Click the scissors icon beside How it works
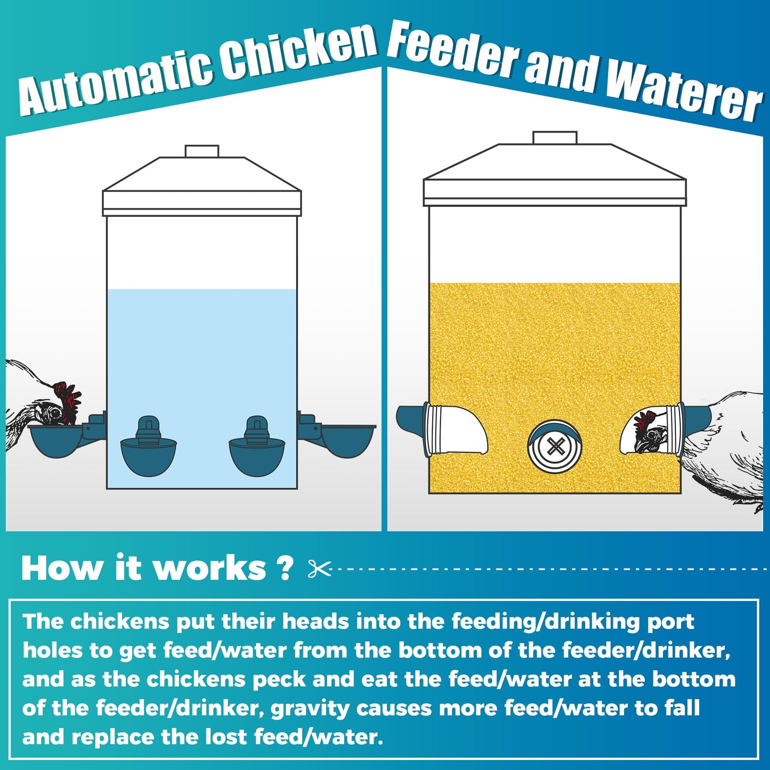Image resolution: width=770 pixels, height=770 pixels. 320,569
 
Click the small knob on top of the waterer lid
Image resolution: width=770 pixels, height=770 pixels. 202,151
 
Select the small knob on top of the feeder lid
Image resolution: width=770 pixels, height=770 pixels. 555,137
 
